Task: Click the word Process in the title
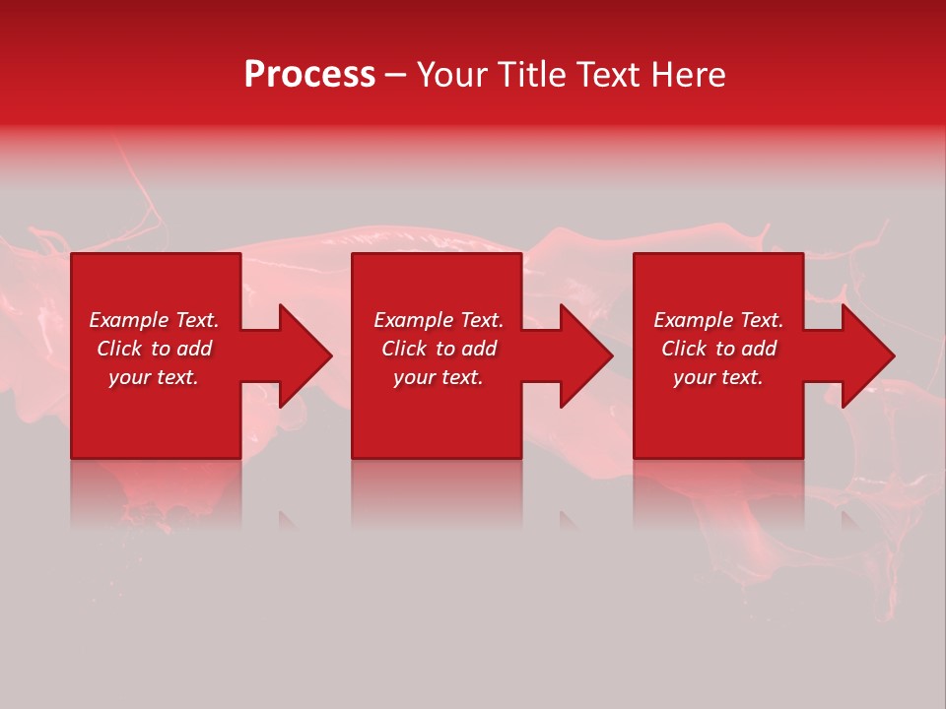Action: pyautogui.click(x=309, y=75)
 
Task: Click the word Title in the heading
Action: pyautogui.click(x=532, y=75)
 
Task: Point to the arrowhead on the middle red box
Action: pyautogui.click(x=584, y=355)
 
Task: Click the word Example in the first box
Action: pyautogui.click(x=129, y=320)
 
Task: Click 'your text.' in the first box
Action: pyautogui.click(x=154, y=377)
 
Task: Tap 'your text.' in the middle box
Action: pyautogui.click(x=438, y=377)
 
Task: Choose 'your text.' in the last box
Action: pyautogui.click(x=718, y=377)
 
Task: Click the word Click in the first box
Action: pyautogui.click(x=119, y=349)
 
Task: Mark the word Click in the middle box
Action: pyautogui.click(x=404, y=349)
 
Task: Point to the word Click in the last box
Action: pyautogui.click(x=684, y=349)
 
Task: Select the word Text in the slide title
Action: pyautogui.click(x=605, y=75)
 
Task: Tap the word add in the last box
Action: pyautogui.click(x=760, y=349)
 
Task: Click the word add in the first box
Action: pyautogui.click(x=195, y=349)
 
